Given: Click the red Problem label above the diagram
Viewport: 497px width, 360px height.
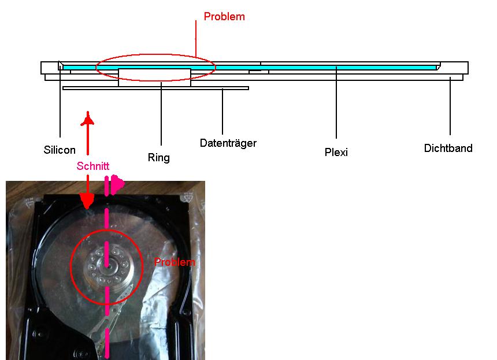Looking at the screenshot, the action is pyautogui.click(x=224, y=17).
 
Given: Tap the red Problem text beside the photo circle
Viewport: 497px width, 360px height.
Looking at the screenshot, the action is pyautogui.click(x=175, y=262).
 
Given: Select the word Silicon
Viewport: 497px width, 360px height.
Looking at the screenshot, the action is pyautogui.click(x=60, y=150).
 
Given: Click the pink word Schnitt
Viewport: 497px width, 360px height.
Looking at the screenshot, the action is pyautogui.click(x=93, y=166).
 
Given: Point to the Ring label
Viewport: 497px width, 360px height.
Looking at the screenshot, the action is pyautogui.click(x=159, y=158).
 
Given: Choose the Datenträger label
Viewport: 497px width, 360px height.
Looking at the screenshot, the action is pyautogui.click(x=228, y=143).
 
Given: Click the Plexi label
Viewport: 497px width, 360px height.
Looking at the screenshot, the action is pyautogui.click(x=336, y=152).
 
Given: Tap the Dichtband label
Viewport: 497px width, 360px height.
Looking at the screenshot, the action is pyautogui.click(x=448, y=148).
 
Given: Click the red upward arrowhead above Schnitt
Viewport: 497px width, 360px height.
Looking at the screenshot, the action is pyautogui.click(x=88, y=119).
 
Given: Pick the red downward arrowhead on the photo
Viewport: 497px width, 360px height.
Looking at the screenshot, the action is pyautogui.click(x=87, y=201).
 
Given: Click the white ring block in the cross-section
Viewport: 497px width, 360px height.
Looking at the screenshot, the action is pyautogui.click(x=155, y=77).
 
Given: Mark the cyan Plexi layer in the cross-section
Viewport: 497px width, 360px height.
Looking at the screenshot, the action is pyautogui.click(x=250, y=68).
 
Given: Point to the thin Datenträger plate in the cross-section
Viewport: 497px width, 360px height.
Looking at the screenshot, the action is pyautogui.click(x=155, y=88).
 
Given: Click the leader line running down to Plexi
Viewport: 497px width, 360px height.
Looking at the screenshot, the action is pyautogui.click(x=336, y=102).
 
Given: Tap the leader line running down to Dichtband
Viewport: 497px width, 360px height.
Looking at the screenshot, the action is pyautogui.click(x=450, y=106).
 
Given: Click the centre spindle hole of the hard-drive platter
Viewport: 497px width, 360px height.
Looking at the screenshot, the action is pyautogui.click(x=107, y=266).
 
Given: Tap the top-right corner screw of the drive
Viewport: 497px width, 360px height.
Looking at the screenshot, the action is pyautogui.click(x=185, y=199).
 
